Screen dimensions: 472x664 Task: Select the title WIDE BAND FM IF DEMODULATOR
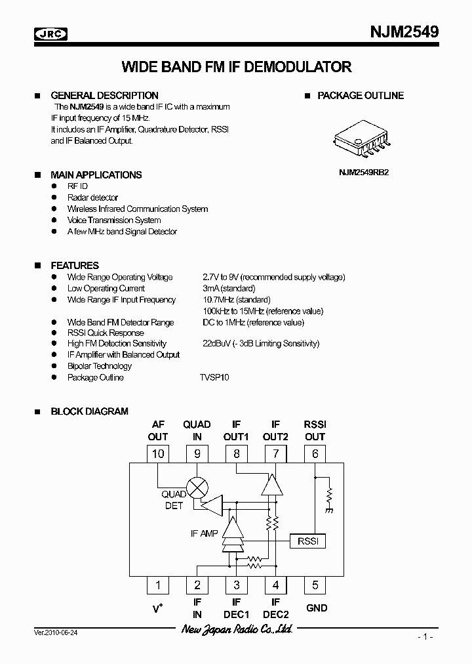[237, 67]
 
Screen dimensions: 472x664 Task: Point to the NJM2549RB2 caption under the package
[364, 174]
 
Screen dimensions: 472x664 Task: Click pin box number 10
[158, 453]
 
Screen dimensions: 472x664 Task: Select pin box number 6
[315, 453]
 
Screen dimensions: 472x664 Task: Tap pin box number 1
[158, 585]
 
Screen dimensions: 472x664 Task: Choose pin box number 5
[315, 585]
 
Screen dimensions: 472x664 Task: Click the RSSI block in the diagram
[307, 541]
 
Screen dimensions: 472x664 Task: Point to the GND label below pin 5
[317, 608]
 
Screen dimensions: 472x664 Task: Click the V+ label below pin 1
[158, 608]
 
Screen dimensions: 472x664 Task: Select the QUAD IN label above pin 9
[197, 430]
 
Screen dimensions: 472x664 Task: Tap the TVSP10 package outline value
[214, 377]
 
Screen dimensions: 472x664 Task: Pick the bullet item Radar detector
[92, 197]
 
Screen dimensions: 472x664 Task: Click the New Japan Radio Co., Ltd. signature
[237, 630]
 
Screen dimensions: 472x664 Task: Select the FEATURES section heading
[75, 266]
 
